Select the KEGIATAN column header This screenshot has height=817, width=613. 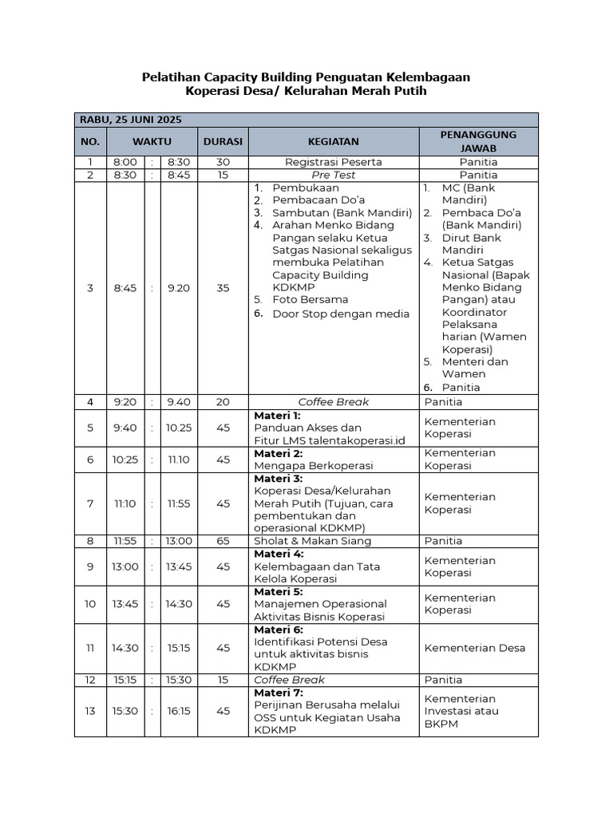click(x=333, y=141)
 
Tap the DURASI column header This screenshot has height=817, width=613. click(x=223, y=141)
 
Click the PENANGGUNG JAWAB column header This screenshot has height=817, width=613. click(x=478, y=141)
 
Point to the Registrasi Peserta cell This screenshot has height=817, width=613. click(x=333, y=162)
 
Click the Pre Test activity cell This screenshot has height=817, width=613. click(x=333, y=175)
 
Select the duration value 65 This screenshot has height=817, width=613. click(x=223, y=541)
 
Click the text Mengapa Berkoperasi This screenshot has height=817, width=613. click(x=313, y=465)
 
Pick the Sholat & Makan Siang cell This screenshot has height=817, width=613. click(x=312, y=541)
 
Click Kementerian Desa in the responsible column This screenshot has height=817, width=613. click(x=474, y=648)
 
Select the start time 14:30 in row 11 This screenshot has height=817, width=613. click(x=125, y=648)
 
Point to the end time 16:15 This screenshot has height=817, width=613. click(x=179, y=711)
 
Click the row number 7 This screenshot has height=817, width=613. click(x=90, y=503)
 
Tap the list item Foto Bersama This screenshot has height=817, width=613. click(x=310, y=300)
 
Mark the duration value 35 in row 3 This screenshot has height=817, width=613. click(x=223, y=288)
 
